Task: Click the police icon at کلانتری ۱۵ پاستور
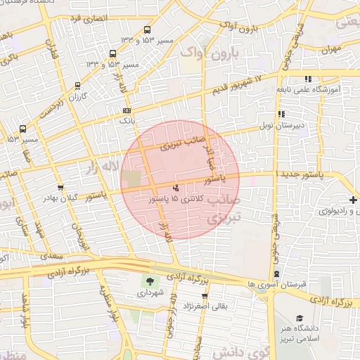coord(175,188)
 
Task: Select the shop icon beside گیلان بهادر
coord(60,188)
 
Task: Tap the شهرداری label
coord(150,292)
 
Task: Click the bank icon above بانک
coord(127,110)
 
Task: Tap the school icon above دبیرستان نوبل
coord(281,113)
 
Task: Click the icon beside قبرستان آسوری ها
coord(276,274)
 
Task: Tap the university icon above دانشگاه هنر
coord(300,318)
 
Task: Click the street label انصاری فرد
coord(85,15)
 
